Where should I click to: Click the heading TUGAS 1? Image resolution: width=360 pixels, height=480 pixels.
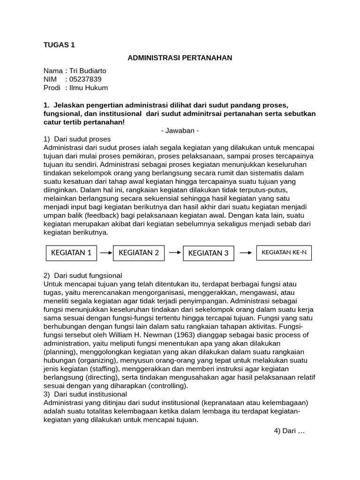59,45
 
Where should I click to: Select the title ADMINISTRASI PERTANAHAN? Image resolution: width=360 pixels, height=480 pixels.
180,58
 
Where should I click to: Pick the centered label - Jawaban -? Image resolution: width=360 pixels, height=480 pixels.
180,130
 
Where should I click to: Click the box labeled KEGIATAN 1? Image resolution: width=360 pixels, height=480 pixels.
71,253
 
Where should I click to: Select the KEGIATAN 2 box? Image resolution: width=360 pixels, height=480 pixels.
139,253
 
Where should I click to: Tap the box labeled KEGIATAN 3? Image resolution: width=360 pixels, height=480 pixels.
208,253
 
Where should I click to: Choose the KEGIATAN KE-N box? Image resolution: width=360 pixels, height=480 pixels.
284,253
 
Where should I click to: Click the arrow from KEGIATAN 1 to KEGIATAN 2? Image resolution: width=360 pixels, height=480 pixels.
106,253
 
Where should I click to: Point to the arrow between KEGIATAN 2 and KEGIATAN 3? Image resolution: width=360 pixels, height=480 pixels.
174,252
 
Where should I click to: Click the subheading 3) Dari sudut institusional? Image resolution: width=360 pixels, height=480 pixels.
85,394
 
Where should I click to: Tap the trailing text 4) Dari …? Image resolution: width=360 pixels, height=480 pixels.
289,431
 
